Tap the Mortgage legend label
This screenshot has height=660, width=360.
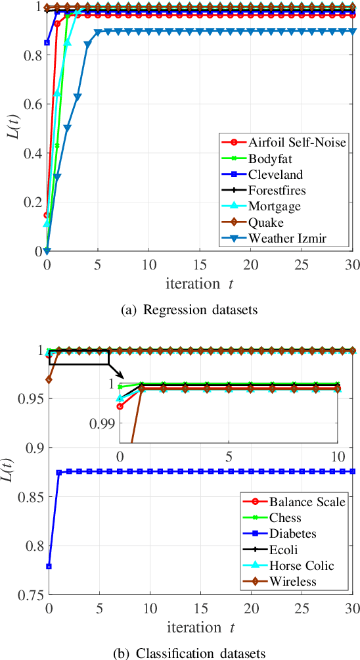274,207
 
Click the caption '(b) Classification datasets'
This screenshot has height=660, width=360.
179,653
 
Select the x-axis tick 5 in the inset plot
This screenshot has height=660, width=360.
229,456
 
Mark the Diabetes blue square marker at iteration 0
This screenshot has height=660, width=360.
49,566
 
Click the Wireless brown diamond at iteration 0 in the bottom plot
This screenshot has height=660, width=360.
49,379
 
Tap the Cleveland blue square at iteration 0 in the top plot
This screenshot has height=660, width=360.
47,42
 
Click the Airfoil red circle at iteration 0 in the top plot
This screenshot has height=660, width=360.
47,215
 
